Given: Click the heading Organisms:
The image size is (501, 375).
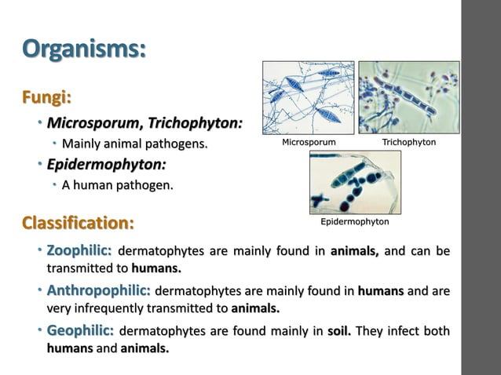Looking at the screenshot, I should pyautogui.click(x=84, y=49).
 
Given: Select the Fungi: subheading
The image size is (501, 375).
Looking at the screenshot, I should pyautogui.click(x=46, y=98).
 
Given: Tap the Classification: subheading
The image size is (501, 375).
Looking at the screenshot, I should pyautogui.click(x=78, y=223).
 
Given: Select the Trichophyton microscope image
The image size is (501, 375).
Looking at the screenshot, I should pyautogui.click(x=408, y=97).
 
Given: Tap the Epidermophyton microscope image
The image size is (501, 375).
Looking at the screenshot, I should pyautogui.click(x=355, y=182).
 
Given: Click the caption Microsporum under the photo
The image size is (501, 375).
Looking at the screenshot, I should pyautogui.click(x=309, y=143).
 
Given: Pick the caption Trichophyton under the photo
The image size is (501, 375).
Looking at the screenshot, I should pyautogui.click(x=408, y=143).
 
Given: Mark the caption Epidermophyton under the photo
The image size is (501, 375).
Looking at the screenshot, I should pyautogui.click(x=355, y=222).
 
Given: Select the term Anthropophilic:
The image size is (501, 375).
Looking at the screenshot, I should pyautogui.click(x=99, y=291).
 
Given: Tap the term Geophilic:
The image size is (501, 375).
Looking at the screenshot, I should pyautogui.click(x=80, y=331).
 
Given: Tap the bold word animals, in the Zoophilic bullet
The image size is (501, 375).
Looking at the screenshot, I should pyautogui.click(x=354, y=253).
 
